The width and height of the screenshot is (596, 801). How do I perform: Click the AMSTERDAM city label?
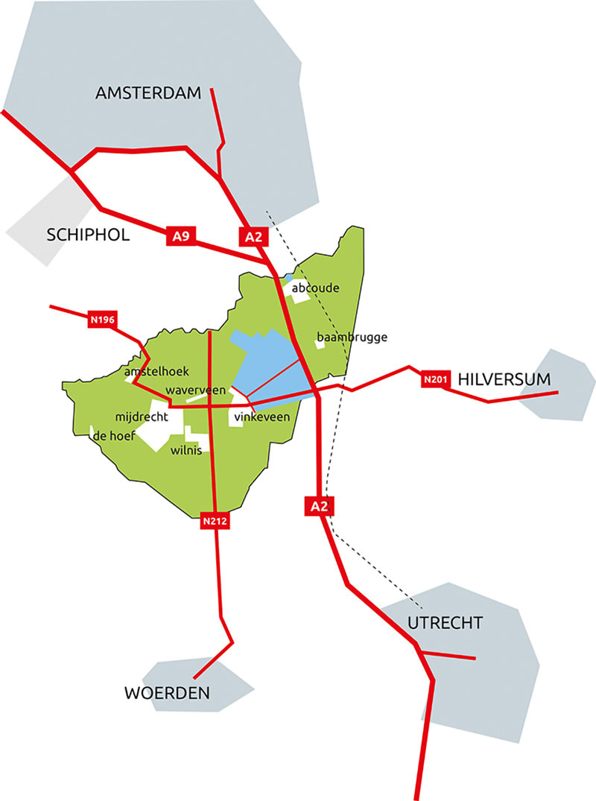(x=149, y=93)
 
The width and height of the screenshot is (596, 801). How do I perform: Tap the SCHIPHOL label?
(x=88, y=235)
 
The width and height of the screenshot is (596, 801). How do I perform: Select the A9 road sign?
(x=179, y=237)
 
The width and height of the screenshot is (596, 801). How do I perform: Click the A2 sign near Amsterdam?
(x=250, y=237)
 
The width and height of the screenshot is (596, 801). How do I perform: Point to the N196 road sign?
(x=102, y=320)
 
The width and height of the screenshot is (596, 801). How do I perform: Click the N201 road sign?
(x=435, y=380)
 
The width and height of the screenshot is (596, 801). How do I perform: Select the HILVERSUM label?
(x=504, y=379)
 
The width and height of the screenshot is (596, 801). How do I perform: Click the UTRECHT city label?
(x=446, y=623)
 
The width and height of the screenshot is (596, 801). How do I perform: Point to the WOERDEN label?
(x=167, y=694)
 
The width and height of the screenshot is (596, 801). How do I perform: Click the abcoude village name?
(x=317, y=287)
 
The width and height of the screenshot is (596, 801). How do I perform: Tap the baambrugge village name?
(x=352, y=338)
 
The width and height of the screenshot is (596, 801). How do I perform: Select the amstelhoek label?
(x=157, y=372)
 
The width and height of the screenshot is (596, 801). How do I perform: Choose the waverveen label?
(x=195, y=390)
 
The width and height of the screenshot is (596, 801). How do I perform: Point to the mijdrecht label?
(x=143, y=416)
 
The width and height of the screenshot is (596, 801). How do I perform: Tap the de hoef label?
(x=112, y=437)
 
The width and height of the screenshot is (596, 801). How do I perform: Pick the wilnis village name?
(x=186, y=451)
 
